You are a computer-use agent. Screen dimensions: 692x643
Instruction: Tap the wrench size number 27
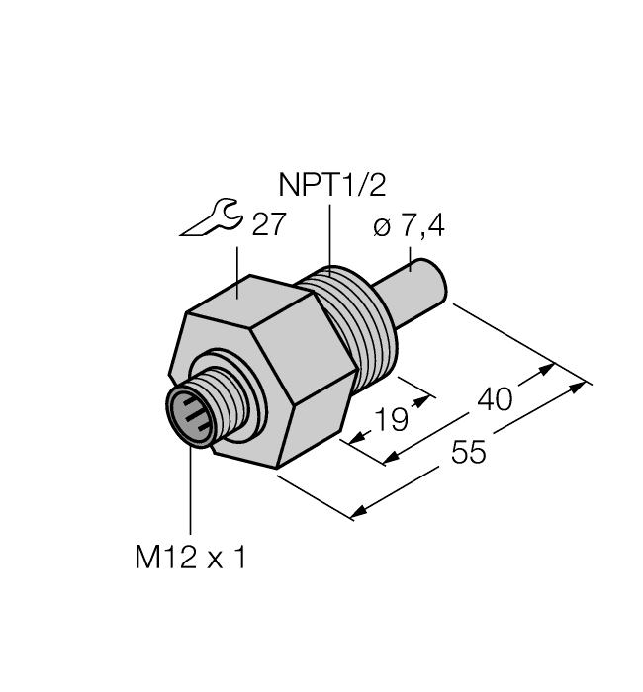(x=268, y=225)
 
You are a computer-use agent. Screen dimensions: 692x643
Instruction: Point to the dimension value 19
(x=392, y=419)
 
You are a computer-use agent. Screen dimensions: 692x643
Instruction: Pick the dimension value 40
(x=494, y=399)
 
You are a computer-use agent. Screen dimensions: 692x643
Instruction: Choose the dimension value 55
(x=471, y=453)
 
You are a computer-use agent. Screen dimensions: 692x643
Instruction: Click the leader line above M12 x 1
(x=189, y=494)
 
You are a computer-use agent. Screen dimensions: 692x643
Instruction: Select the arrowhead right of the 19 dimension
(x=426, y=399)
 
